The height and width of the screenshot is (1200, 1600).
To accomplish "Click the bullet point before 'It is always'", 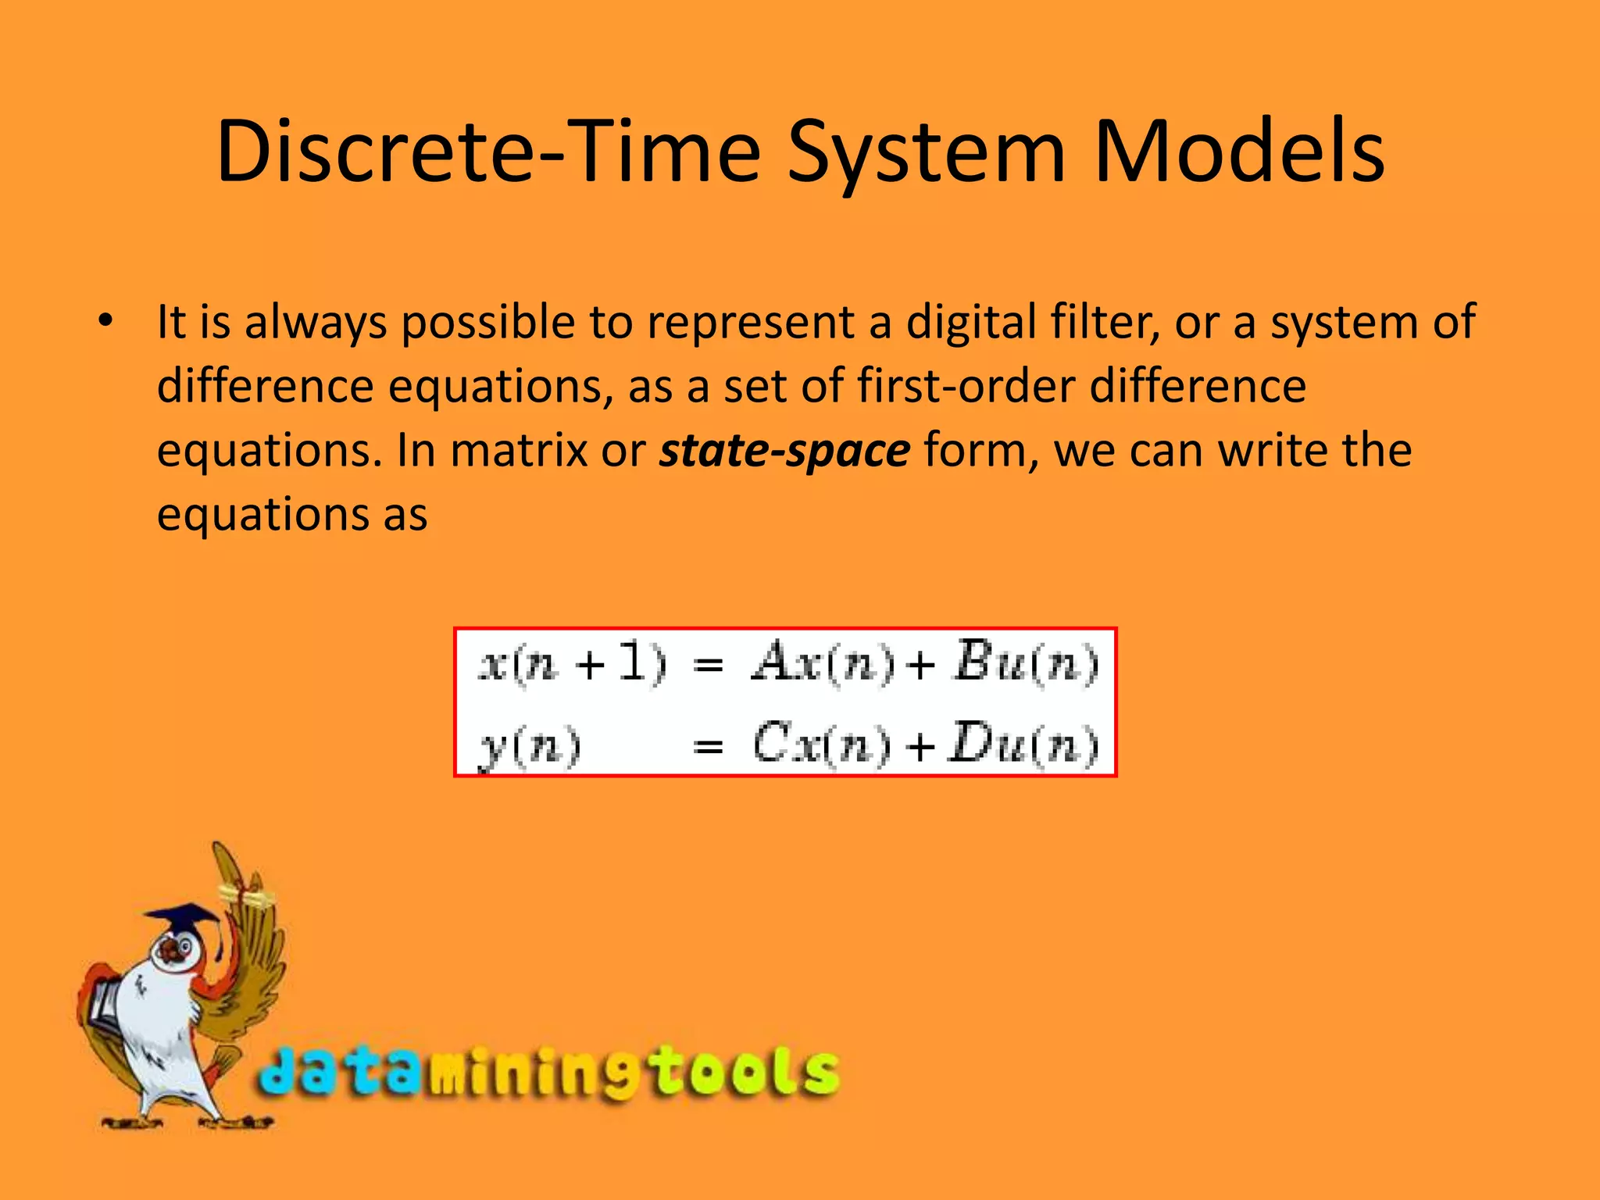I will (105, 321).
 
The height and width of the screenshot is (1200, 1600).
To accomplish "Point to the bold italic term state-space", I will (784, 451).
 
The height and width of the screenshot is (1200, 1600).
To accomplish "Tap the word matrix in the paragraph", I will (519, 451).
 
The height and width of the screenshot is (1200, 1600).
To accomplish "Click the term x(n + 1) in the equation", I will (572, 665).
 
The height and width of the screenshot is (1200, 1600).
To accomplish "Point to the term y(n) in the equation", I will (529, 746).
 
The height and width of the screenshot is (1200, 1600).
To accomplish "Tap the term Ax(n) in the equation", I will (823, 665).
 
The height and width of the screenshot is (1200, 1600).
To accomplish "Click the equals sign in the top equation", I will (708, 666).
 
